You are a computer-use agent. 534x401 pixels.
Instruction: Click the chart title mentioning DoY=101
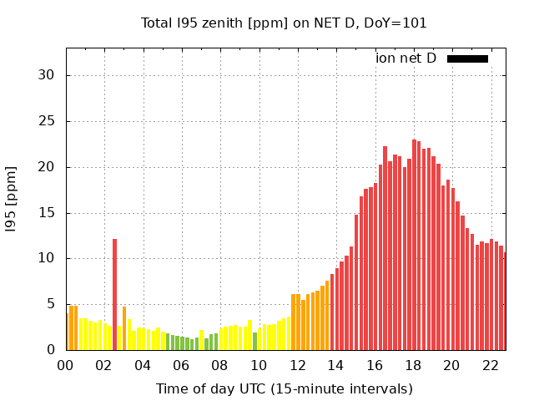[284, 23]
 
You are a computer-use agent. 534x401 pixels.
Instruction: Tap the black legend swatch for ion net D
[467, 58]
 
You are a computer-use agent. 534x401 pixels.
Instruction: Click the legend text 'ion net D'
[406, 58]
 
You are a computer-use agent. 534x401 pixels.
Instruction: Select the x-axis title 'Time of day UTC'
[284, 388]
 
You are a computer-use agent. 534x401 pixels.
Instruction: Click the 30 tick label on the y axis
[46, 75]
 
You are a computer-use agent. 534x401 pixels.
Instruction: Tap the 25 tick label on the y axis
[46, 121]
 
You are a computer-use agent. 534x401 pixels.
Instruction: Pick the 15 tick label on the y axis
[46, 213]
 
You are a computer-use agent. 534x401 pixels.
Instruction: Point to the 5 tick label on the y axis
[50, 304]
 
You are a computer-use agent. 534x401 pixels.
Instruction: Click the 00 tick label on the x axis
[66, 365]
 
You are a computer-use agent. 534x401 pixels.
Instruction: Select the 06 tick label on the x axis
[182, 365]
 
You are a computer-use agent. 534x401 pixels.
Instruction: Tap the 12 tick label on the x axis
[297, 365]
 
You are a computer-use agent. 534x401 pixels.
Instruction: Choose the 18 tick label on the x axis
[413, 365]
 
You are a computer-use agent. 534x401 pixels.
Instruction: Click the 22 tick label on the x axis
[490, 365]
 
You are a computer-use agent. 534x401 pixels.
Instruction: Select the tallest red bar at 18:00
[414, 245]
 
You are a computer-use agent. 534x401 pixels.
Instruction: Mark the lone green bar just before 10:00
[254, 341]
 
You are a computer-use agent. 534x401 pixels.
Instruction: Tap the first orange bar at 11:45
[293, 322]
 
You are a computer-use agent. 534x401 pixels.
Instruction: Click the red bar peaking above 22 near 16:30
[385, 248]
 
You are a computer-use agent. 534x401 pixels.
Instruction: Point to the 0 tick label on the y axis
[50, 350]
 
